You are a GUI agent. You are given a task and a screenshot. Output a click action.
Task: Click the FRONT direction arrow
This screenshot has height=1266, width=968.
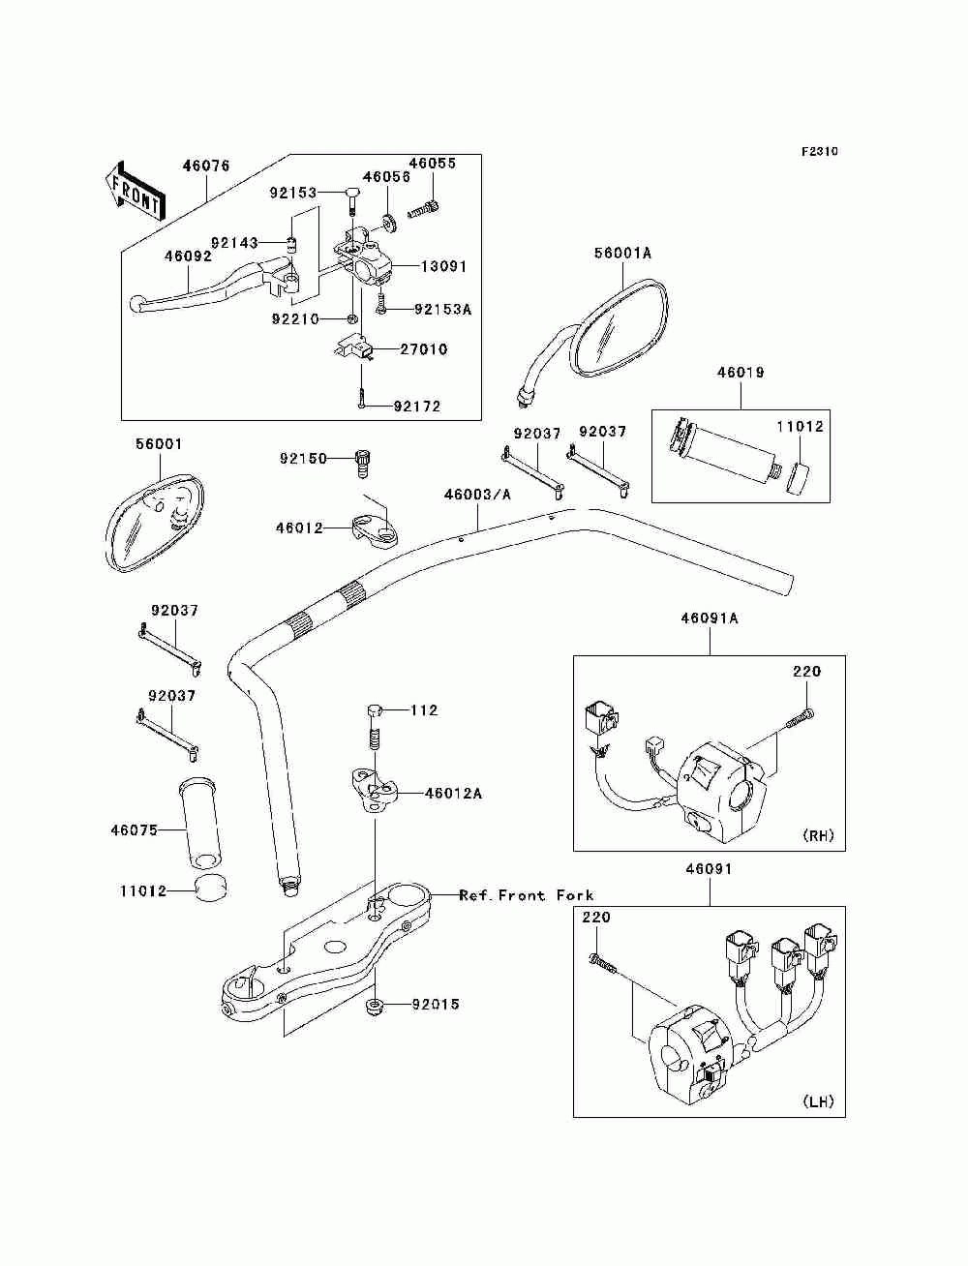pyautogui.click(x=136, y=190)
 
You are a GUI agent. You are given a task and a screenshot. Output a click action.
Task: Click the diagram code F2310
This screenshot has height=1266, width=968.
pyautogui.click(x=819, y=152)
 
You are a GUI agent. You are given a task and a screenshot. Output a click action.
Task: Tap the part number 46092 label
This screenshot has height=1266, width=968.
pyautogui.click(x=188, y=256)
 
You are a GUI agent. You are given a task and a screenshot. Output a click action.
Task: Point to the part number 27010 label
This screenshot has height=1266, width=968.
pyautogui.click(x=424, y=349)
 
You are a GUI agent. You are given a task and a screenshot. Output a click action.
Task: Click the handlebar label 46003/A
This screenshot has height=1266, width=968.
pyautogui.click(x=477, y=495)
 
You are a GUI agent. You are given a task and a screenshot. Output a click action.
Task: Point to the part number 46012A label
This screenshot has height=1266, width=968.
pyautogui.click(x=453, y=794)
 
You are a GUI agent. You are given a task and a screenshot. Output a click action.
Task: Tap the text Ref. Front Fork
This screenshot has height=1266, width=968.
pyautogui.click(x=527, y=895)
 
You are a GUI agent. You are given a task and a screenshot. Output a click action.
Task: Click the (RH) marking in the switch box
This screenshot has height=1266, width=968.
pyautogui.click(x=817, y=835)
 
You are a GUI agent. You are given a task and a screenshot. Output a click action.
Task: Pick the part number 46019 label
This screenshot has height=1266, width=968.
pyautogui.click(x=741, y=373)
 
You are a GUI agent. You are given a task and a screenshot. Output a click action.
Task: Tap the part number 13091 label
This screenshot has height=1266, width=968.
pyautogui.click(x=443, y=267)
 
